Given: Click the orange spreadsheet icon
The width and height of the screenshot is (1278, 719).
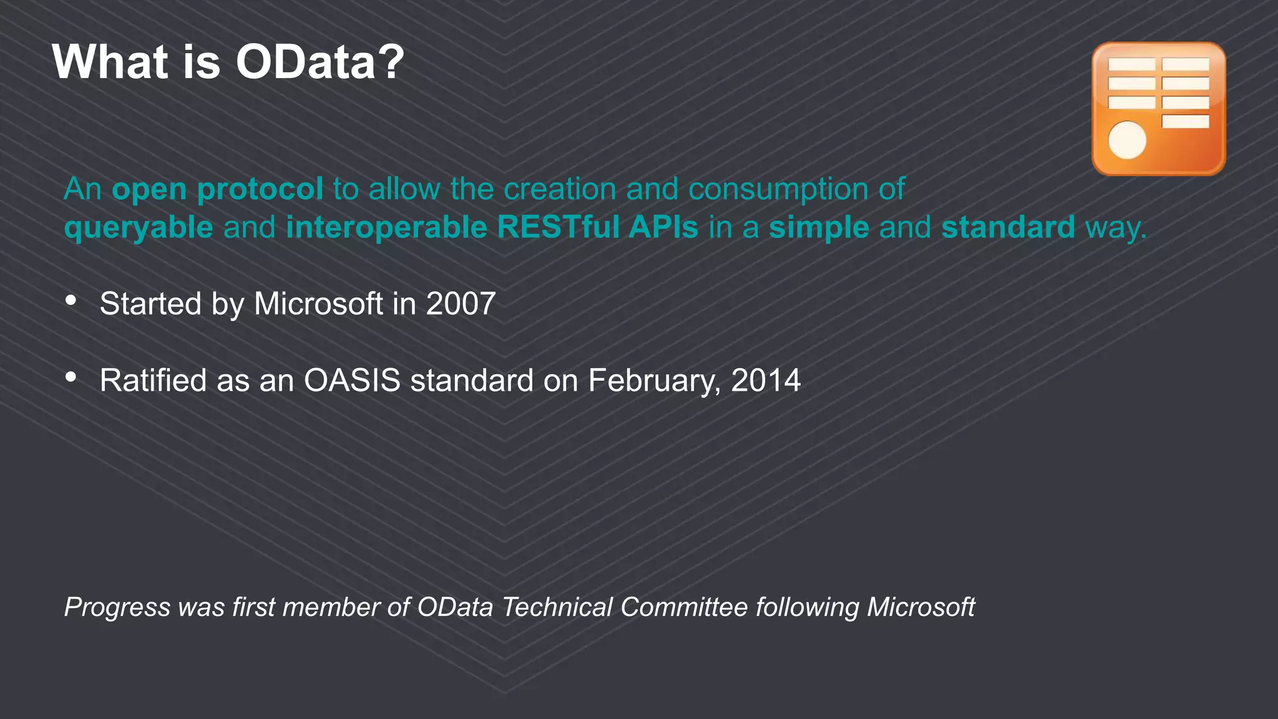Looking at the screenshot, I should [1158, 109].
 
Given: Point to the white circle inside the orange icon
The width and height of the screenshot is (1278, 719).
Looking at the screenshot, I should [1127, 140].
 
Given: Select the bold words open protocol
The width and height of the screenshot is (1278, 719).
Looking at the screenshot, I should [217, 189].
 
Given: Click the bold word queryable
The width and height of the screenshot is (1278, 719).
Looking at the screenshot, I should [139, 228].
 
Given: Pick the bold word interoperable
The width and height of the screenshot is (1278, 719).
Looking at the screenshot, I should [386, 227].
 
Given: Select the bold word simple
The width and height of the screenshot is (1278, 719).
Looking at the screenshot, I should [819, 228].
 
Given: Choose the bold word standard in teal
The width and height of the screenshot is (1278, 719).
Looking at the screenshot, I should [1008, 227].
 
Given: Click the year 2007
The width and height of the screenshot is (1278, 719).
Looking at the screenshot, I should [461, 304].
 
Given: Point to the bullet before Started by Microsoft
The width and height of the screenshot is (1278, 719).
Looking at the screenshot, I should [71, 301].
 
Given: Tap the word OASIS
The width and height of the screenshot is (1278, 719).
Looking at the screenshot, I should [352, 380].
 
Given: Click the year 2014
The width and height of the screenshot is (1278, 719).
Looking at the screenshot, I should [766, 380].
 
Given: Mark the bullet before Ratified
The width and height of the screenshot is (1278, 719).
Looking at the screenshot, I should [71, 377].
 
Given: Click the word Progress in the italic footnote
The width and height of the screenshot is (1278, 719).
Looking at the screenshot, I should [117, 607].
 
